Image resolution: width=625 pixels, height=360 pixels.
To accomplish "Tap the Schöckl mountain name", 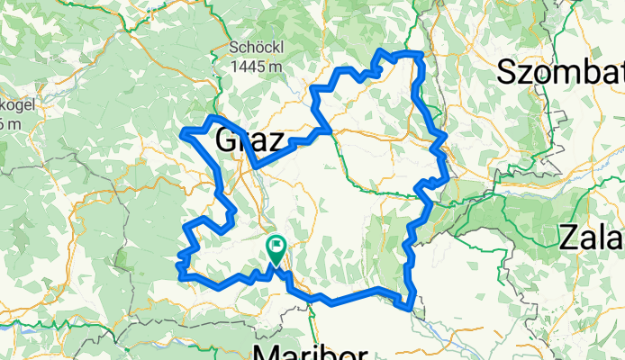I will [257, 48].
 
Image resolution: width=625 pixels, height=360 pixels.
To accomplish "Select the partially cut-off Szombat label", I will [560, 72].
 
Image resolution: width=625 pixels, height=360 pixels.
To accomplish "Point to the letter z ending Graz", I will [276, 142].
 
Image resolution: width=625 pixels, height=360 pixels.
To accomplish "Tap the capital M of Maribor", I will [269, 349].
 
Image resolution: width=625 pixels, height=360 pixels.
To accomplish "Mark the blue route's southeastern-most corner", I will [412, 309].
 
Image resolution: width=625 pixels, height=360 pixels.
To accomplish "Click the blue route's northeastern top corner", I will [421, 56].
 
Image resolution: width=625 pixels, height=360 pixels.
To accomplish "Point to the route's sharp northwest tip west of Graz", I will [184, 134].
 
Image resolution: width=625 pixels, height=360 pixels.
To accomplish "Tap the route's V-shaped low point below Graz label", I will [257, 166].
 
